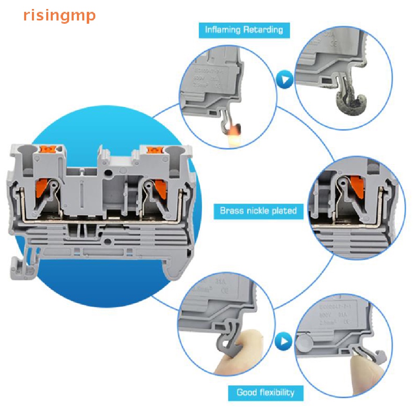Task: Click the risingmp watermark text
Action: [59, 16]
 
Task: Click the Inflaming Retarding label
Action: [244, 30]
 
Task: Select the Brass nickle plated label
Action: [258, 211]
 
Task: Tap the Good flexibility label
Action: [266, 393]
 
